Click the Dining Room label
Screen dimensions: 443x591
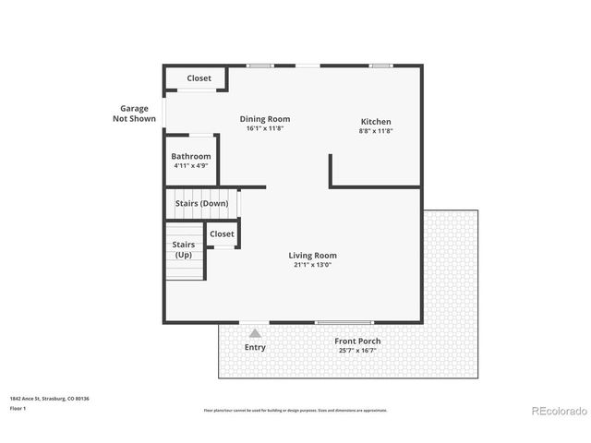click(265, 118)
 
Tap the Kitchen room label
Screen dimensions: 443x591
click(375, 122)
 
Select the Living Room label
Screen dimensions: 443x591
click(312, 256)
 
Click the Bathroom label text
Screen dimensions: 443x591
click(190, 156)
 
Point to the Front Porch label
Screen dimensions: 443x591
click(357, 341)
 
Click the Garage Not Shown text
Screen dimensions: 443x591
click(134, 114)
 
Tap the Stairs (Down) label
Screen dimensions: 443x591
click(201, 203)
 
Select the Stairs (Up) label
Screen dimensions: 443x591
click(183, 249)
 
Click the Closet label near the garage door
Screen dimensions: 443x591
click(199, 78)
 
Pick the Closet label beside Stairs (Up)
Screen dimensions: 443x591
click(222, 234)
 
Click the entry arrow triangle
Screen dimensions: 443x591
click(255, 332)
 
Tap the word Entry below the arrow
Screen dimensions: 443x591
click(255, 348)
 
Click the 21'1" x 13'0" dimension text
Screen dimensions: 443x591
click(312, 266)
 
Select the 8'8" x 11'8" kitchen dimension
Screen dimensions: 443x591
click(375, 132)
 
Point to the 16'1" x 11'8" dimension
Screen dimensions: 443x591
click(265, 128)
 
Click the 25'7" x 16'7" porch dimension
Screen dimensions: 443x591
click(357, 351)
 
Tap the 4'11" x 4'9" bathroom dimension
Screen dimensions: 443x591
click(190, 166)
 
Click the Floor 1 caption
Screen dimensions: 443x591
click(18, 408)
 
